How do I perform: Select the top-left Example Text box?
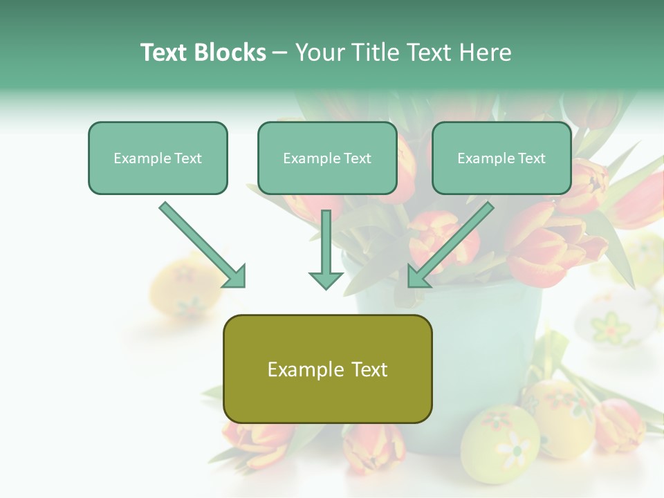pyautogui.click(x=158, y=158)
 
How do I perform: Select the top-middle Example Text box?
pyautogui.click(x=327, y=158)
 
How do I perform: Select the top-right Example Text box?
pyautogui.click(x=501, y=158)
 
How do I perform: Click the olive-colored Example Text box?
pyautogui.click(x=327, y=369)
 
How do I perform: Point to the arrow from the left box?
pyautogui.click(x=202, y=244)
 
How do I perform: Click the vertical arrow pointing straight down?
pyautogui.click(x=326, y=249)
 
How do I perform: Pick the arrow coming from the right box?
pyautogui.click(x=451, y=244)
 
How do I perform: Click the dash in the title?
pyautogui.click(x=280, y=53)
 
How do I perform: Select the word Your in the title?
pyautogui.click(x=319, y=53)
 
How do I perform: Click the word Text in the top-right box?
pyautogui.click(x=531, y=158)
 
